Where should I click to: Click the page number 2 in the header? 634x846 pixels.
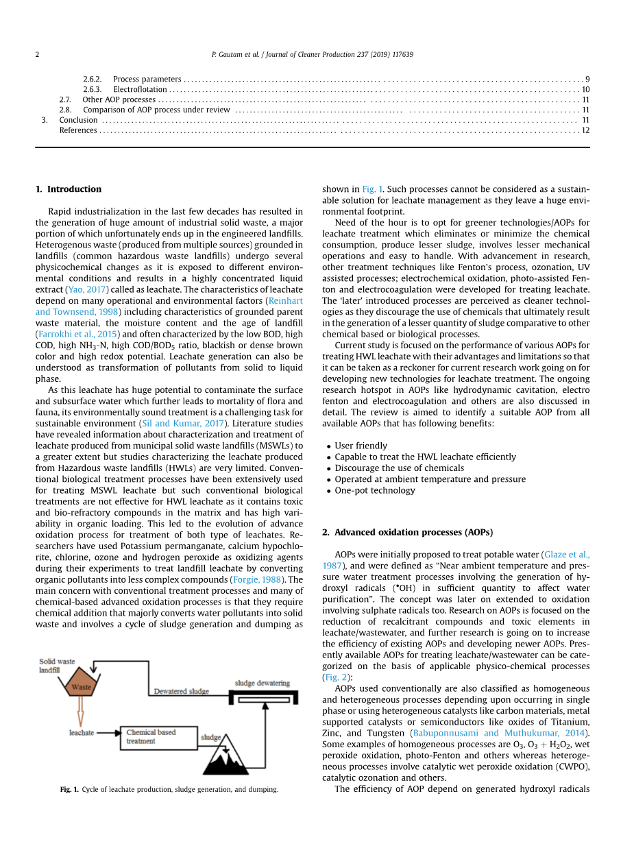[x=38, y=54]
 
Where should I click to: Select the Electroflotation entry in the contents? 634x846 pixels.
[x=140, y=89]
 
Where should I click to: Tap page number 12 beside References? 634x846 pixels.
[x=585, y=130]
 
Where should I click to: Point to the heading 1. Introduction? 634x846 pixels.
[x=68, y=189]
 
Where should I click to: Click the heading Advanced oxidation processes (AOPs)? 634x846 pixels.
[x=407, y=532]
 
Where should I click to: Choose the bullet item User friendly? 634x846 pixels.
[x=361, y=446]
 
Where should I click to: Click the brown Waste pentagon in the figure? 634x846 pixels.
[x=82, y=686]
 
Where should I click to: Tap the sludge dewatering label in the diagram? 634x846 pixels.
[x=262, y=684]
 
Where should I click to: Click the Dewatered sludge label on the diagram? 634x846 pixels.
[x=181, y=691]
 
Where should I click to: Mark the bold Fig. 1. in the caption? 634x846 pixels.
[x=69, y=790]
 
